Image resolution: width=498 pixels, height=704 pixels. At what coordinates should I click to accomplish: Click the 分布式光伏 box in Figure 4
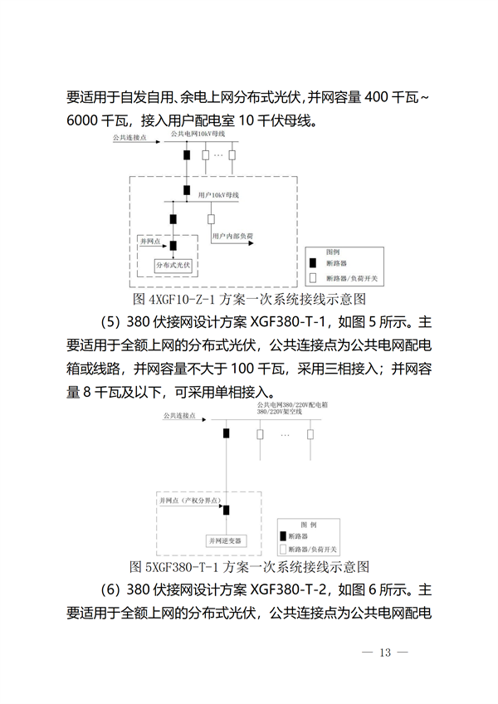coord(173,266)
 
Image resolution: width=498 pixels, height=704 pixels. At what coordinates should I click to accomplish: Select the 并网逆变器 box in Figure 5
coord(227,540)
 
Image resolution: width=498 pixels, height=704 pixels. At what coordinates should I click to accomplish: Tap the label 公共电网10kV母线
coord(197,134)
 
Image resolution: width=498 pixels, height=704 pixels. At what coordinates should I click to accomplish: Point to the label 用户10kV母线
coord(219,194)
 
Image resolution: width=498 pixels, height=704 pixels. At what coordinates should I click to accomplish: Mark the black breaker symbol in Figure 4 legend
coord(315,263)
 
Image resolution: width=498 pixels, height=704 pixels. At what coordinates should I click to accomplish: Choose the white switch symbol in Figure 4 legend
coord(315,277)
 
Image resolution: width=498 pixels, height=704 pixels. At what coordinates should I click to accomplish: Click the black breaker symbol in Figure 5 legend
coord(284,536)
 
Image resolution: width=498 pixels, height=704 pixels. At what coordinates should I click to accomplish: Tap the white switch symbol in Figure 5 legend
coord(284,549)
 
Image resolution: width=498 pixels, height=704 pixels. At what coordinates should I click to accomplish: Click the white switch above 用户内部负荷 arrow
coord(211,218)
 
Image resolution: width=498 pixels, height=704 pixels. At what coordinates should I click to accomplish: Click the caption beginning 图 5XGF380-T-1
coord(250,567)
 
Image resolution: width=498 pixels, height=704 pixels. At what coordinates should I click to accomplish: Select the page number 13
coord(384,652)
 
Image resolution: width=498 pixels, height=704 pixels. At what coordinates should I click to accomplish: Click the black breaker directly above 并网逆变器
coord(226,510)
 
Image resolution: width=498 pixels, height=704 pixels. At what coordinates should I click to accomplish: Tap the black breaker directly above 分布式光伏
coord(173,247)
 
